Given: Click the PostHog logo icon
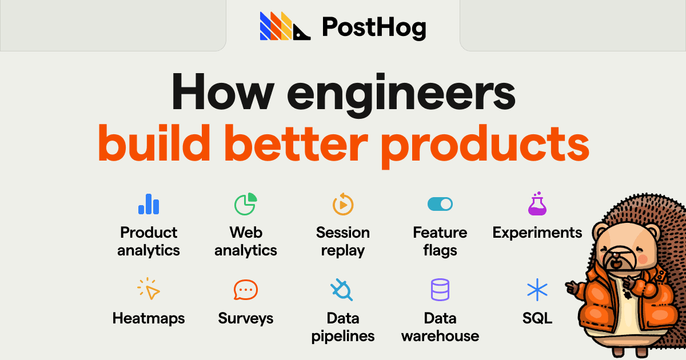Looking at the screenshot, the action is [x=285, y=26].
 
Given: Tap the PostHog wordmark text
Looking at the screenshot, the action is [x=374, y=27].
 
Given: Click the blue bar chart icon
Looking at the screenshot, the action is [x=149, y=204].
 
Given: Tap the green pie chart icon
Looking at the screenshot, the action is [x=246, y=204].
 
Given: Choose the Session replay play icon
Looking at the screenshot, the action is [x=343, y=204].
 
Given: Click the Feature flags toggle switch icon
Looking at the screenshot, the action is [x=440, y=204].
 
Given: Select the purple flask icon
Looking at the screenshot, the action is [x=537, y=203].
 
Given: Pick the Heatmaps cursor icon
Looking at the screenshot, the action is [x=149, y=289].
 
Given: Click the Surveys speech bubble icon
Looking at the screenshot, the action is [x=246, y=290].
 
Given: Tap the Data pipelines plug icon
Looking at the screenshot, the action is [x=342, y=290].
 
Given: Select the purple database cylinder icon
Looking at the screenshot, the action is [x=440, y=290].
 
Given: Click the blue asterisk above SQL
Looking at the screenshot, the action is [x=537, y=290].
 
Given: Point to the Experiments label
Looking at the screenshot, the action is [x=537, y=233].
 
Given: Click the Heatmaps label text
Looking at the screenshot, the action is [x=149, y=319].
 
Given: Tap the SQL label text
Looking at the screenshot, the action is [x=537, y=318].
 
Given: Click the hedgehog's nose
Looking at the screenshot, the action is [x=616, y=255].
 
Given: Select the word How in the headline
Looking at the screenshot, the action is [x=223, y=91].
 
